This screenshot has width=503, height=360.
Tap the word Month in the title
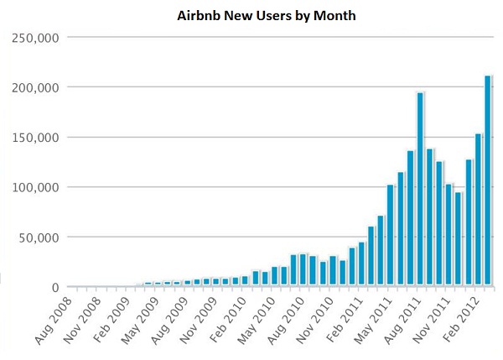(309, 16)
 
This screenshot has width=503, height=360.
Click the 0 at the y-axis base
(54, 288)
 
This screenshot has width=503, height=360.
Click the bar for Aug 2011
(420, 190)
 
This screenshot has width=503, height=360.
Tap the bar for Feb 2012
(478, 210)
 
